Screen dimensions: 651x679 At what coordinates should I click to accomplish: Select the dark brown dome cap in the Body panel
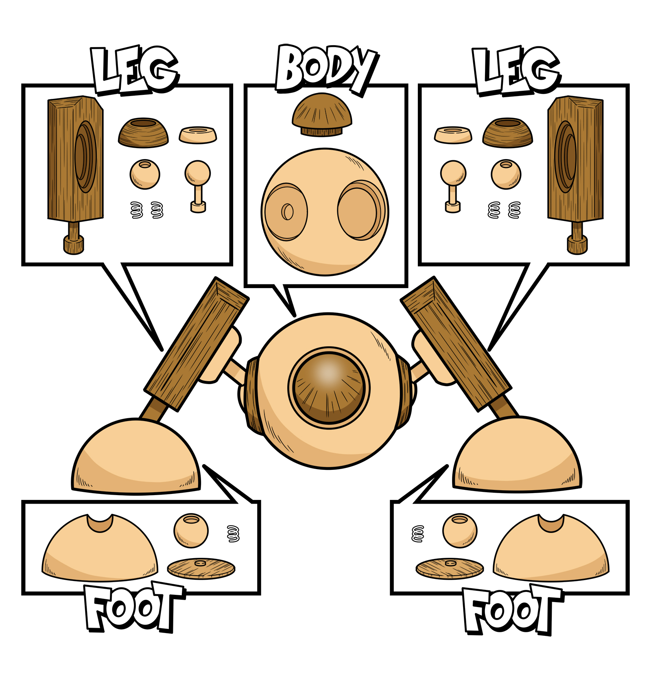[x=322, y=114]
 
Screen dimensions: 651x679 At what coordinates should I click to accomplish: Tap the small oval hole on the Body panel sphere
[x=288, y=212]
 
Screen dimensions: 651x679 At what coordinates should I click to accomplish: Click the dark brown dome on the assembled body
[x=329, y=387]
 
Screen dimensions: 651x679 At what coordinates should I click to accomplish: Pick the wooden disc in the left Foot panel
[x=201, y=568]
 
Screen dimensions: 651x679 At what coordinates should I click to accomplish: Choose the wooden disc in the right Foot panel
[x=450, y=568]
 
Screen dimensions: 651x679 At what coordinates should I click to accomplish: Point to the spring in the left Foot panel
[x=233, y=534]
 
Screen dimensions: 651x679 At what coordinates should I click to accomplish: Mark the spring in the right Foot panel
[x=418, y=534]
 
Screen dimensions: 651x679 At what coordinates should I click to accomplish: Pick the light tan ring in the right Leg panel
[x=453, y=135]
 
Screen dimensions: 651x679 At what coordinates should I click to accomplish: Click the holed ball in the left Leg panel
[x=145, y=174]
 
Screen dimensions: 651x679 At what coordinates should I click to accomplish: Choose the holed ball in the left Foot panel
[x=191, y=531]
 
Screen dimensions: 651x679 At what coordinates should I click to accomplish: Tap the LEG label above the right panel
[x=516, y=71]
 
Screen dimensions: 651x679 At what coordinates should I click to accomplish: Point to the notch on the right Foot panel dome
[x=551, y=522]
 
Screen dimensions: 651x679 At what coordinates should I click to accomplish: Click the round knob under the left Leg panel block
[x=74, y=245]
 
